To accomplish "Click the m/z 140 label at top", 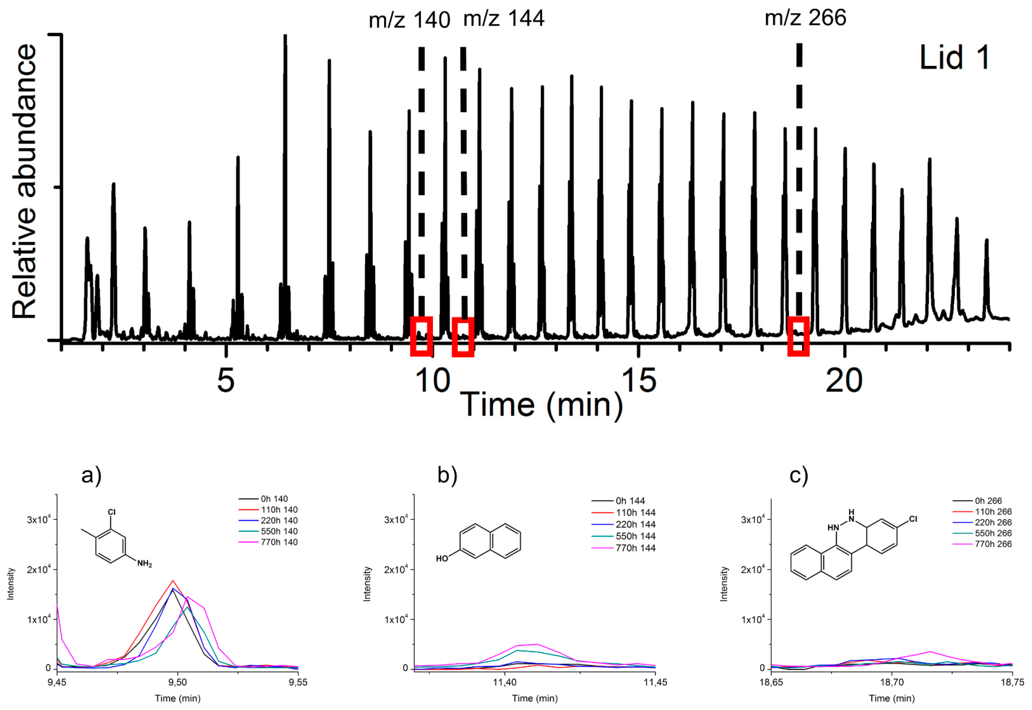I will [x=409, y=20].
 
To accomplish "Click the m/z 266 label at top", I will [x=805, y=18].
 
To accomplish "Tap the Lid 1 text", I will [x=954, y=58].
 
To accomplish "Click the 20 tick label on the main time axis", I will [x=844, y=381].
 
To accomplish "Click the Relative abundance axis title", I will [x=24, y=182].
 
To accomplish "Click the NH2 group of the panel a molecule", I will [x=145, y=564].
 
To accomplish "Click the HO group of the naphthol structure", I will [x=442, y=558].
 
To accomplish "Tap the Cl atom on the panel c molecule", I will [x=913, y=519].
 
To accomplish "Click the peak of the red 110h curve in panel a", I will [x=173, y=581].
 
